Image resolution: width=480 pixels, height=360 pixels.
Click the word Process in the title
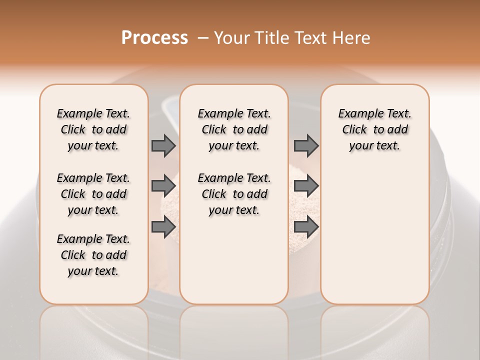tap(154, 38)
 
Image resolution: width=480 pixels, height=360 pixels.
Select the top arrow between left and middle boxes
tap(163, 145)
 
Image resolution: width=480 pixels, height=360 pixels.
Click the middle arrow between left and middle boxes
tap(163, 186)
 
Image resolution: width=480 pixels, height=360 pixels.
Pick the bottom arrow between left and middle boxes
tap(163, 226)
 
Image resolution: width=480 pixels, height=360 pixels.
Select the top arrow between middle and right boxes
tap(306, 145)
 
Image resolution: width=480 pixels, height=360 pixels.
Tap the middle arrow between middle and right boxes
tap(306, 186)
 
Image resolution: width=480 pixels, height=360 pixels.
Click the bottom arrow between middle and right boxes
tap(306, 226)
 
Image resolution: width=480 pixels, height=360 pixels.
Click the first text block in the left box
tap(93, 129)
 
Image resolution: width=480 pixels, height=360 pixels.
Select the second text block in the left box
tap(93, 194)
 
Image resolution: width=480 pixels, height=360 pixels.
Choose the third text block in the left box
tap(93, 255)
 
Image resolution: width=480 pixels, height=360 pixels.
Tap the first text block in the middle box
tap(234, 129)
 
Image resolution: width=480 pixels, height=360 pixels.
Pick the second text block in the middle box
tap(234, 194)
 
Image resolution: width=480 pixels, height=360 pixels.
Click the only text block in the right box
tap(374, 129)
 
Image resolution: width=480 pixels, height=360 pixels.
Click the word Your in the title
tap(230, 38)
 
